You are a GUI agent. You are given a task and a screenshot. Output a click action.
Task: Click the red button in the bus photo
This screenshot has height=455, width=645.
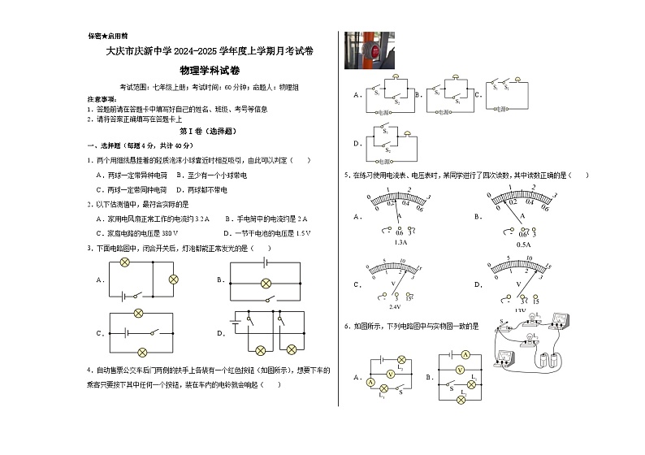click(x=374, y=50)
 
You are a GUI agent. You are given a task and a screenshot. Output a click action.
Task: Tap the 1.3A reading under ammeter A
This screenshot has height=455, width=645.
click(x=400, y=243)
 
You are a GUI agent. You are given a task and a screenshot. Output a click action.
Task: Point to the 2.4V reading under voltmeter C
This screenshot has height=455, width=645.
click(x=396, y=306)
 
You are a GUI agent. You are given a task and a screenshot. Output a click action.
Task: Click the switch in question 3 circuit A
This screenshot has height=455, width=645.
click(x=141, y=295)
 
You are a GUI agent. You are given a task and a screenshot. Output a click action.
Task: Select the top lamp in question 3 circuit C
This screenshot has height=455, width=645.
click(x=138, y=313)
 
